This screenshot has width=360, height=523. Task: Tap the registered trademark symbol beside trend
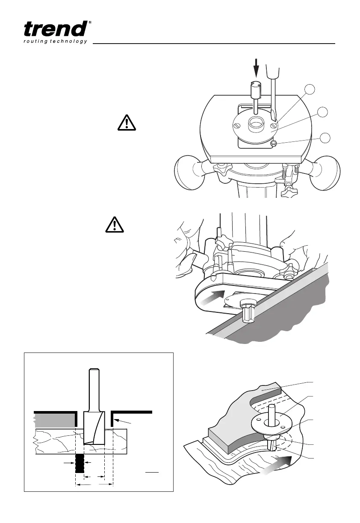89,22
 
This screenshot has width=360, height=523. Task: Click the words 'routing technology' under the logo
55,41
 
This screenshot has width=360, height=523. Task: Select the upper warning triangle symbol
126,123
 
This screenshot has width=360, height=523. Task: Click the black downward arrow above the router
257,67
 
